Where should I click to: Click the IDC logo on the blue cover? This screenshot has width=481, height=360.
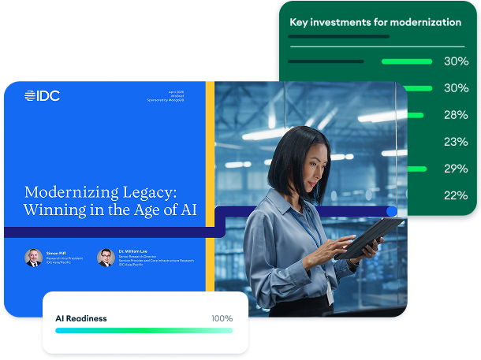pyautogui.click(x=42, y=96)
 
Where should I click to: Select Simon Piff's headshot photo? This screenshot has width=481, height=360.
pyautogui.click(x=33, y=258)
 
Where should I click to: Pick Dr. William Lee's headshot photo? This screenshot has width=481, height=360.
pyautogui.click(x=106, y=258)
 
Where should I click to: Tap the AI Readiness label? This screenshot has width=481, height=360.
pyautogui.click(x=80, y=318)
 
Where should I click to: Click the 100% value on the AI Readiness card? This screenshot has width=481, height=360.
pyautogui.click(x=222, y=318)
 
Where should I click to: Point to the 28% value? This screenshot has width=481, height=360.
pyautogui.click(x=456, y=115)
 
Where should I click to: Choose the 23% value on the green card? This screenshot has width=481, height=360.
pyautogui.click(x=456, y=142)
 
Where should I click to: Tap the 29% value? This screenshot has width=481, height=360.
pyautogui.click(x=456, y=169)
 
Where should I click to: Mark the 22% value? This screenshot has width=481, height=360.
pyautogui.click(x=456, y=195)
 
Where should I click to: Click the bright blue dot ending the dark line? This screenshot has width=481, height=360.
pyautogui.click(x=391, y=211)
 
